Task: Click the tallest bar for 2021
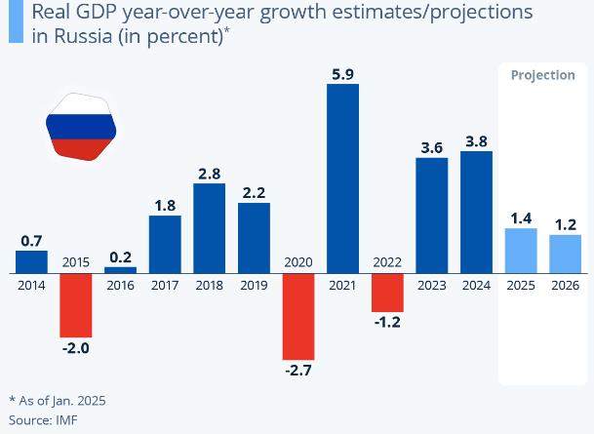342,178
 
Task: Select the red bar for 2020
298,317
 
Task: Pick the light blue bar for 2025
521,251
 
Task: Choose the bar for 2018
209,228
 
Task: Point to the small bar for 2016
120,270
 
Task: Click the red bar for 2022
387,293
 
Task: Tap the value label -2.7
298,373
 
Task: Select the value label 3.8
477,141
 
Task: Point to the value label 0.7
31,240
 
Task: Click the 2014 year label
31,285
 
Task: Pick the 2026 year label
566,285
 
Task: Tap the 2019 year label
254,285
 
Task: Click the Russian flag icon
81,128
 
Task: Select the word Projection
542,76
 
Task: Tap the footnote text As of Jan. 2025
61,401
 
